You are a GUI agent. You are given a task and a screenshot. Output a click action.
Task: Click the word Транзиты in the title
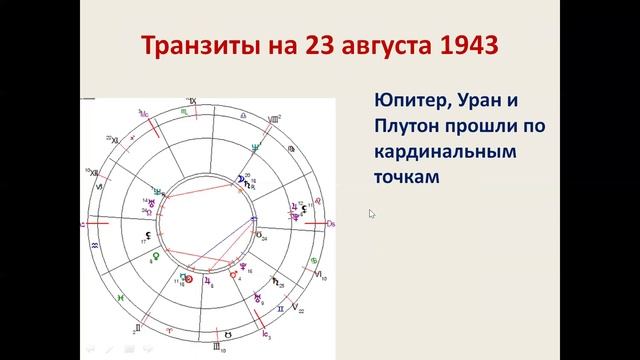196,47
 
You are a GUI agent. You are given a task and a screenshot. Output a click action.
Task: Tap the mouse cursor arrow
372,213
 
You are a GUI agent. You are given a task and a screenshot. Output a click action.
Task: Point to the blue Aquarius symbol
95,243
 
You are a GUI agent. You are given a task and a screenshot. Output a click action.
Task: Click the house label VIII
274,119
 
